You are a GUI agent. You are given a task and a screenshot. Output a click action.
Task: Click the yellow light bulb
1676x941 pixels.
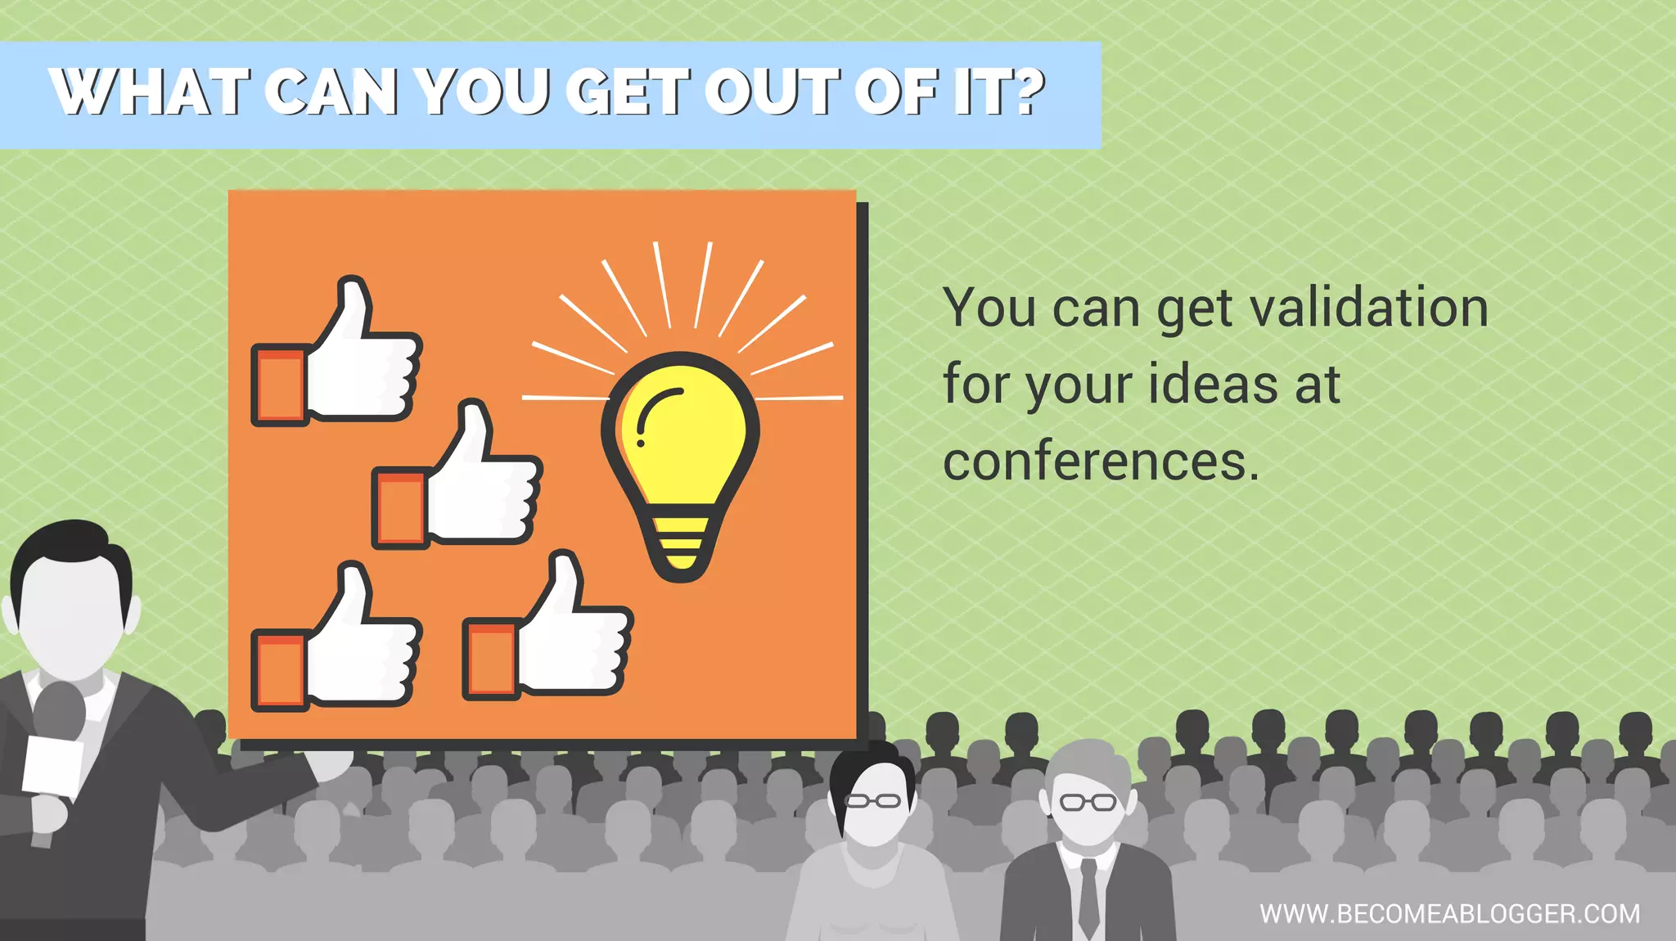click(681, 442)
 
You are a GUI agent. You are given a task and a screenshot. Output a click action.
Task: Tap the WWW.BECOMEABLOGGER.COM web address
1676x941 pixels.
click(1449, 913)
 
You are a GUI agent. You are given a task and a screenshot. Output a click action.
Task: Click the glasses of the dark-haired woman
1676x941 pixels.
click(872, 801)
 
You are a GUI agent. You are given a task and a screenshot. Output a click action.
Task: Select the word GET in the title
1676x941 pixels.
click(626, 92)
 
